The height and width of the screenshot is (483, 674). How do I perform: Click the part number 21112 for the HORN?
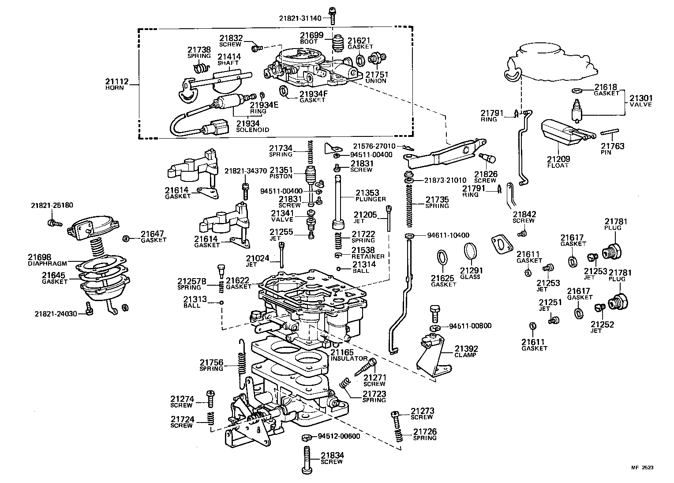116,81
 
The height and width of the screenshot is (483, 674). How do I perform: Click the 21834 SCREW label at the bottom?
332,458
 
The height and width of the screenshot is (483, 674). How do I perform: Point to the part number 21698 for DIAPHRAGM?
40,257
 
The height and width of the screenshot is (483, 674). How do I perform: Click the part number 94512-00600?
339,436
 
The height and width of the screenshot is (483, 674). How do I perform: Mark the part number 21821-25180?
52,205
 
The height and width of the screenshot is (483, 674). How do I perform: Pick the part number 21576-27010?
374,146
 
